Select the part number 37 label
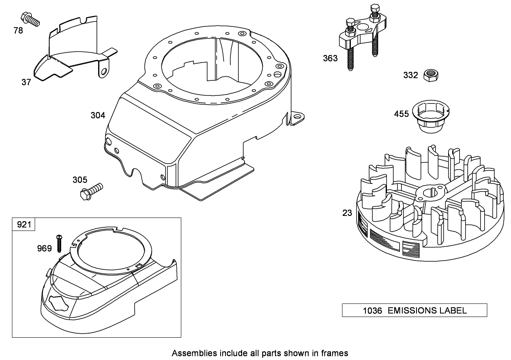click(x=26, y=82)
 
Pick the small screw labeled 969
click(x=59, y=243)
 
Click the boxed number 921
click(x=24, y=224)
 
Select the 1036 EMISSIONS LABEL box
click(x=414, y=310)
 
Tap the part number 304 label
click(x=98, y=115)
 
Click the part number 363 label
click(x=330, y=58)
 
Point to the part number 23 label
click(x=347, y=213)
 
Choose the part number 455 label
click(x=401, y=114)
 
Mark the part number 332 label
click(x=410, y=75)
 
